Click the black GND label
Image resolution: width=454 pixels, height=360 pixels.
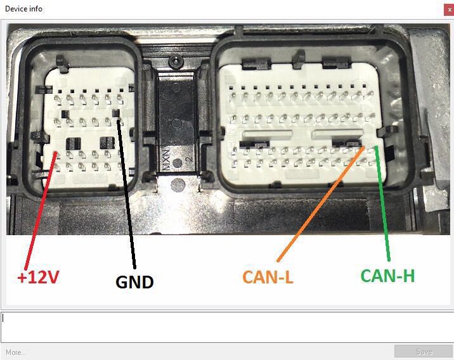point(134,281)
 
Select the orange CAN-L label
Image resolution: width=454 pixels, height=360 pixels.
point(268,276)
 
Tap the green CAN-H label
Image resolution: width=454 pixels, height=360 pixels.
point(387,276)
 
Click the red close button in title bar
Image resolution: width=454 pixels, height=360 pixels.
point(448,10)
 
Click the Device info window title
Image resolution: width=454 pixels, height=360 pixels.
point(24,10)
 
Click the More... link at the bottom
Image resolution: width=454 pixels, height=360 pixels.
point(16,352)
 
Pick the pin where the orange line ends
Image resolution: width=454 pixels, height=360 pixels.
point(363,148)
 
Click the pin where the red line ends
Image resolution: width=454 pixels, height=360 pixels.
point(57,153)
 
